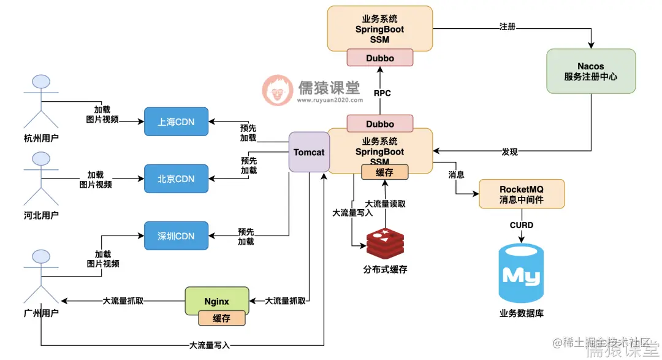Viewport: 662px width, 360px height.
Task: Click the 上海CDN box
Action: (176, 121)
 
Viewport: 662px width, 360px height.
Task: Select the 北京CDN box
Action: (176, 178)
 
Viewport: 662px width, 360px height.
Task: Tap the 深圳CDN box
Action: (176, 236)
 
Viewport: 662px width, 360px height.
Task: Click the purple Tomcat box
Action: (308, 152)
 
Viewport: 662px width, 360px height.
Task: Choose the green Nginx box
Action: (217, 301)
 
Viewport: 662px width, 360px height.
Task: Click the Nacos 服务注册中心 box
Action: (590, 71)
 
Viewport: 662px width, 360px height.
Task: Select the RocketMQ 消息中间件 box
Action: (521, 194)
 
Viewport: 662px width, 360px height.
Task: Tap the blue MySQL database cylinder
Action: (521, 275)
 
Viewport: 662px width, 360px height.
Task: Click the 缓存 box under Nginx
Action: (221, 318)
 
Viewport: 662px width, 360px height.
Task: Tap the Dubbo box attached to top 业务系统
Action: (379, 58)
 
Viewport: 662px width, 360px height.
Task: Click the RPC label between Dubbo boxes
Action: (382, 93)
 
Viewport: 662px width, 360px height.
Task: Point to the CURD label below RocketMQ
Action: (521, 225)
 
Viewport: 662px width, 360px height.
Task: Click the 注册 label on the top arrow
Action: (507, 27)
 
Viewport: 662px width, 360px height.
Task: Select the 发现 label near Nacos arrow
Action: (509, 151)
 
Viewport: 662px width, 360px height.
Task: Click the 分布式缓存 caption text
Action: (385, 269)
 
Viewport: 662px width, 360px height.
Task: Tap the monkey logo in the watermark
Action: (278, 90)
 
